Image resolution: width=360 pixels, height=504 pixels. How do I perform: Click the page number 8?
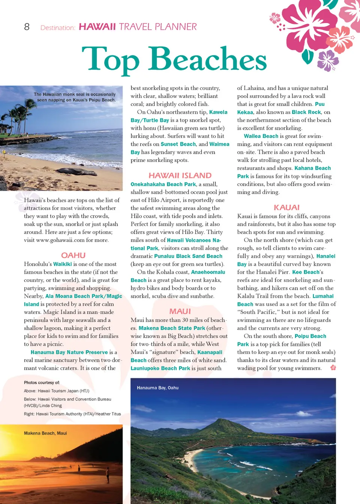27,27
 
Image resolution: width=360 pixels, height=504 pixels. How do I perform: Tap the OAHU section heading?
73,255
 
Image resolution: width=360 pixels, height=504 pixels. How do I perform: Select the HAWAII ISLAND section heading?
180,175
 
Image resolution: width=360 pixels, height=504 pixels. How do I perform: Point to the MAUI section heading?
180,311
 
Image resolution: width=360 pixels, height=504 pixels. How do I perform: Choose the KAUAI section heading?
286,208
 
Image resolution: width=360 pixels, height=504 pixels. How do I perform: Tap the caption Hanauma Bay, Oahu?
157,388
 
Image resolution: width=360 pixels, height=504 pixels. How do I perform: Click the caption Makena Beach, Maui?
45,433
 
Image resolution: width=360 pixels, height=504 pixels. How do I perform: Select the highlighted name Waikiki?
62,264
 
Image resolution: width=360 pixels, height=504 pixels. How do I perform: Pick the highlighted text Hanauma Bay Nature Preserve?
69,352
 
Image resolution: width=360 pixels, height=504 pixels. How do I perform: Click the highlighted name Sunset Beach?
178,144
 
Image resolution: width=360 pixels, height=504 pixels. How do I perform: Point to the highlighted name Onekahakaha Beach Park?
163,184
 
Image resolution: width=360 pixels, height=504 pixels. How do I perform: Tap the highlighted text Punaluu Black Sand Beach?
188,256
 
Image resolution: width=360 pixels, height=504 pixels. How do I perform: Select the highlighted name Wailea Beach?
261,136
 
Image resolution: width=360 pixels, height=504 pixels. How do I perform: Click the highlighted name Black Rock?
306,112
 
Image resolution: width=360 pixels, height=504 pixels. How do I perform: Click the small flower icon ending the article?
333,367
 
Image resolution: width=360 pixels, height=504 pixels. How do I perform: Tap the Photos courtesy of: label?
42,382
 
